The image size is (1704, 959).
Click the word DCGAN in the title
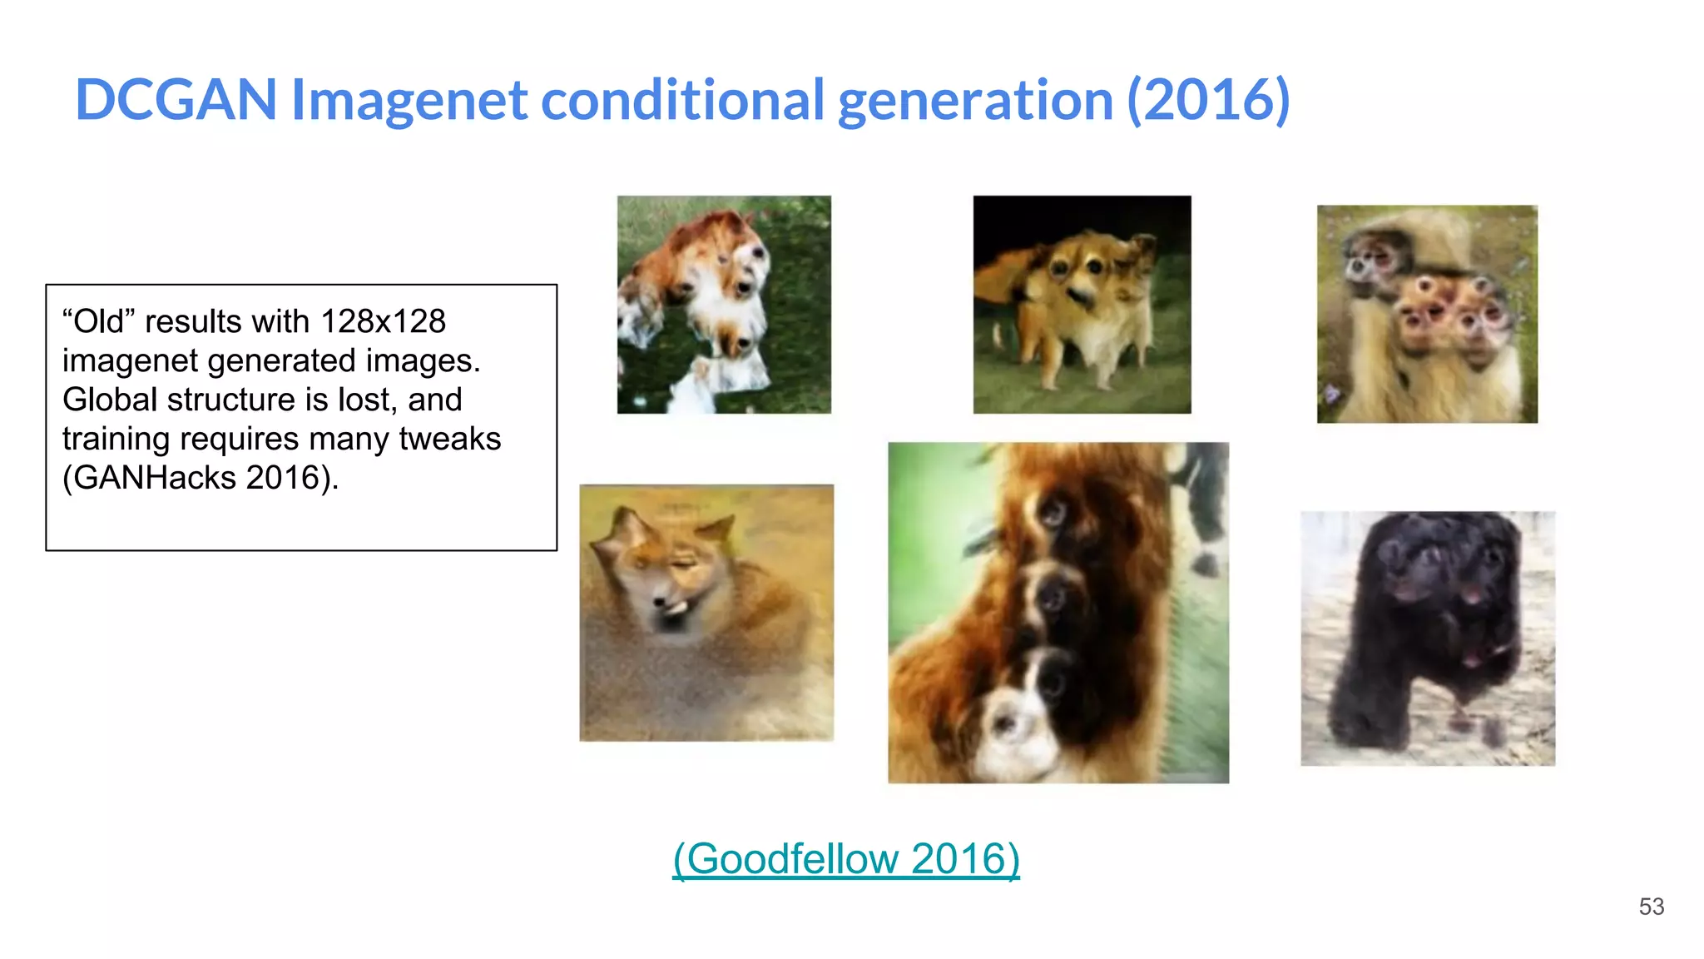(176, 100)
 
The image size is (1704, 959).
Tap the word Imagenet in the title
(409, 100)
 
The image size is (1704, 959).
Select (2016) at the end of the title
(1208, 100)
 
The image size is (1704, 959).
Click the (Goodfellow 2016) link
(845, 858)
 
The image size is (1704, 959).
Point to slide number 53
(1651, 907)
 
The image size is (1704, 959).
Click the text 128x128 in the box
(383, 321)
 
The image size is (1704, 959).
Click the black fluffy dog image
(1427, 639)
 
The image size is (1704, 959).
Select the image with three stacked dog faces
(1058, 612)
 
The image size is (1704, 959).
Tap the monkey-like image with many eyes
(1427, 314)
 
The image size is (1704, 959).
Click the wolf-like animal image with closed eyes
(706, 612)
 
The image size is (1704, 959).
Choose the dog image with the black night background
(1082, 304)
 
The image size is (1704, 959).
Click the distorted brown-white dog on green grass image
(723, 304)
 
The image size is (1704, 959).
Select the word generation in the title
(975, 100)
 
